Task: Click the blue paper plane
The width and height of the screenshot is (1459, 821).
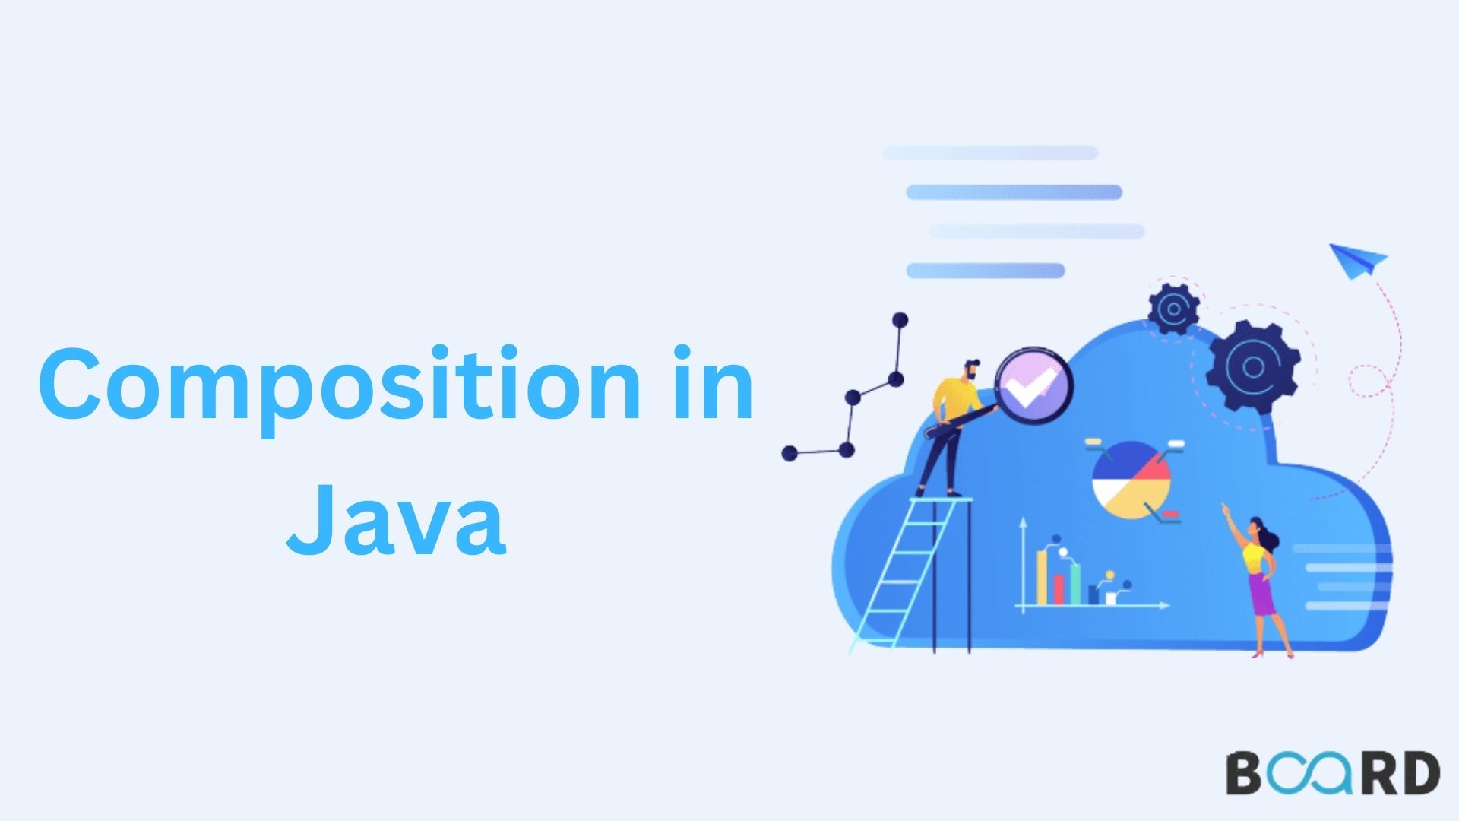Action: (1357, 261)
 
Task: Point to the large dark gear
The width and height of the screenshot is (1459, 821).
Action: (1252, 367)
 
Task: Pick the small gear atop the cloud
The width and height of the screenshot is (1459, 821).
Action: (1173, 309)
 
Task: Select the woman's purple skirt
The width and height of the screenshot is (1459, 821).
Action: (1262, 594)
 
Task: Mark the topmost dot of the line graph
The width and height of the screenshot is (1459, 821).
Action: (900, 319)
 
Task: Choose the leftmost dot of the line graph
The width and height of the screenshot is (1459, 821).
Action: (790, 454)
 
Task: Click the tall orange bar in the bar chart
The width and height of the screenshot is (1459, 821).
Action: (1043, 578)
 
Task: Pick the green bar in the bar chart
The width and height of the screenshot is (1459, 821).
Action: (1075, 584)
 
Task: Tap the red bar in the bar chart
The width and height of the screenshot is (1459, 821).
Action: (1059, 590)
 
